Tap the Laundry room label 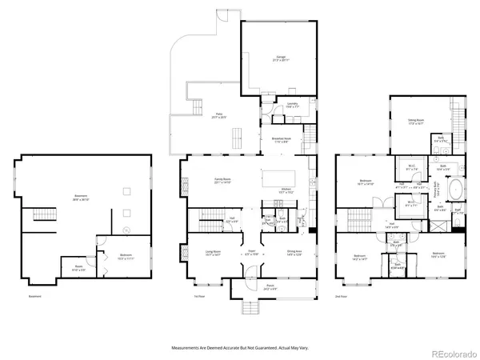coord(292,105)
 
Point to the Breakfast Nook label coord(281,140)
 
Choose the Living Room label coord(212,254)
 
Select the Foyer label coord(250,254)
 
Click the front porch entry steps coord(250,309)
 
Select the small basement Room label coord(78,269)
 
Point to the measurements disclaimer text coord(240,348)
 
